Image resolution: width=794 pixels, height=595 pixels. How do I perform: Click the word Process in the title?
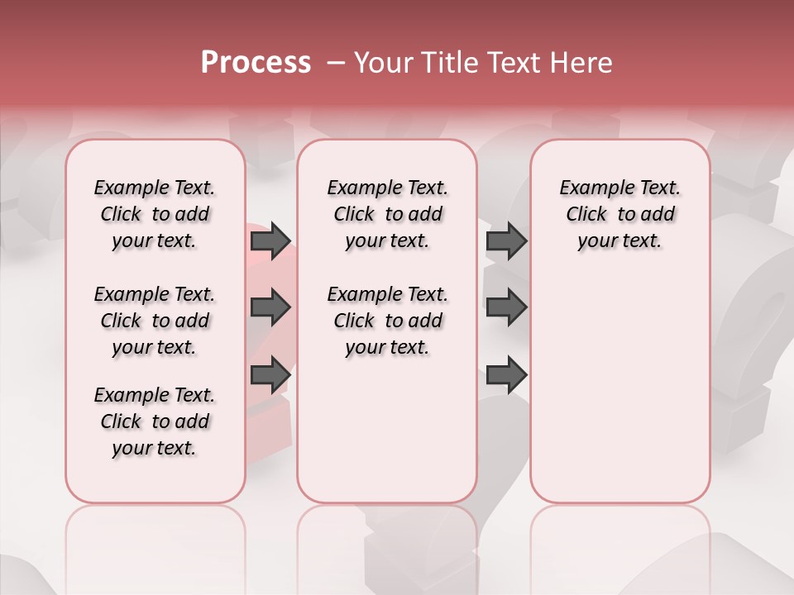(x=256, y=63)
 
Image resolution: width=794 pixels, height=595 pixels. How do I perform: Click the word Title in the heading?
(x=449, y=63)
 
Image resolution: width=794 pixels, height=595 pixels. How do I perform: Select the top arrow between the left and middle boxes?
(x=270, y=240)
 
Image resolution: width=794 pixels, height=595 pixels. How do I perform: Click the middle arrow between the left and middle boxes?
(x=270, y=307)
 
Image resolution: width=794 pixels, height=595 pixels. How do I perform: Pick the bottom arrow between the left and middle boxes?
(x=270, y=374)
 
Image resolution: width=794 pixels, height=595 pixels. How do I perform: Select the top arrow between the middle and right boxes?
(x=506, y=240)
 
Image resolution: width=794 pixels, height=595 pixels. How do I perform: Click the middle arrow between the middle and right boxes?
(x=506, y=307)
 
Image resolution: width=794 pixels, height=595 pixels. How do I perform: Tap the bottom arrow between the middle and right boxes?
(x=506, y=374)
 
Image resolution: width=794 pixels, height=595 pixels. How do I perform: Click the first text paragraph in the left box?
(x=155, y=214)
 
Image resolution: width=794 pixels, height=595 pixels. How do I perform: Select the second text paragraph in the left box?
(x=155, y=321)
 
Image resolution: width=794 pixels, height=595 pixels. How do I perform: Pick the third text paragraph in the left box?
(x=155, y=421)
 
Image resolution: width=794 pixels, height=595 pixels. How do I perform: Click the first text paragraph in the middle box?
(x=388, y=214)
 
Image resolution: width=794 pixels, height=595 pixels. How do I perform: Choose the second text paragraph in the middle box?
(x=388, y=321)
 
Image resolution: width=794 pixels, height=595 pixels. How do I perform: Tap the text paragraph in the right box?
(x=620, y=214)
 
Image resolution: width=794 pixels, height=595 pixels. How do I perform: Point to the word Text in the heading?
(x=514, y=63)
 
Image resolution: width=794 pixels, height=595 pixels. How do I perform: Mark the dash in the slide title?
(x=337, y=63)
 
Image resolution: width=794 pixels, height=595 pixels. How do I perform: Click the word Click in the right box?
(x=586, y=215)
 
